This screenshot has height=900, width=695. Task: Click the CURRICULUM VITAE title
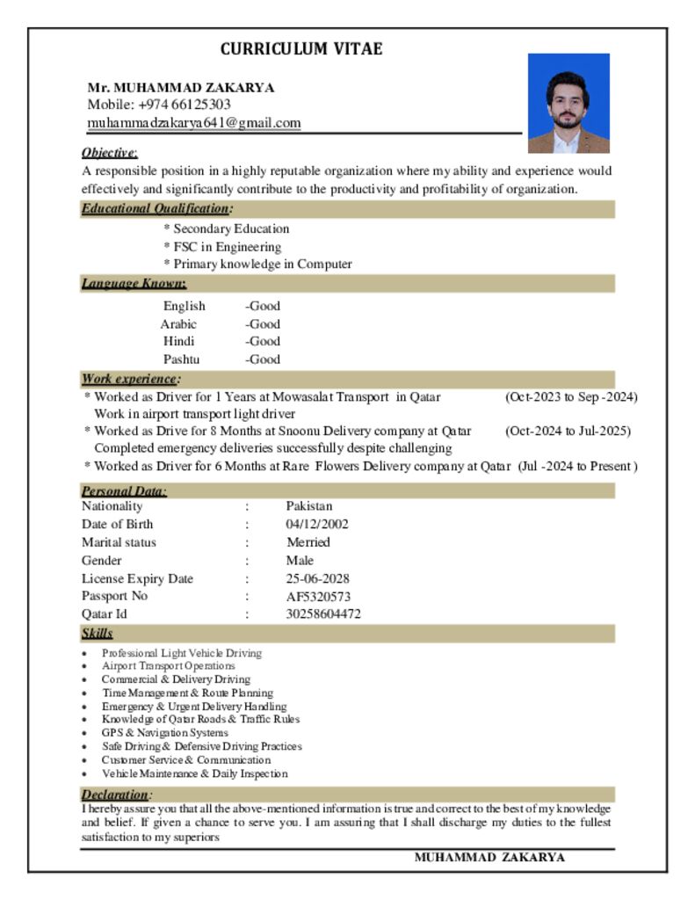(x=301, y=49)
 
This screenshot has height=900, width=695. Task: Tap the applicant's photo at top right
(x=568, y=103)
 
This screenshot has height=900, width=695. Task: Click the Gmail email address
(x=194, y=123)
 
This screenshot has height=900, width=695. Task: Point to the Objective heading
(x=109, y=152)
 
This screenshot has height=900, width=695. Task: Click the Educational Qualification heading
(x=156, y=209)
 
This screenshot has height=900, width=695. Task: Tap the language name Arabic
(x=178, y=324)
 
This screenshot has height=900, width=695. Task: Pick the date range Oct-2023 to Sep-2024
(x=571, y=397)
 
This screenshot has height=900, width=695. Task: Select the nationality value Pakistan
(x=309, y=506)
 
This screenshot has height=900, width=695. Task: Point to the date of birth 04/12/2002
(x=317, y=525)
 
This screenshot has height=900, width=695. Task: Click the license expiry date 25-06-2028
(x=318, y=579)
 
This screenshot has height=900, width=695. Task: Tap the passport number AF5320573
(x=318, y=597)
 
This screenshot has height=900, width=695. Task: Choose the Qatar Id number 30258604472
(x=323, y=614)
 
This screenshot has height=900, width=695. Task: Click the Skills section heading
(x=97, y=633)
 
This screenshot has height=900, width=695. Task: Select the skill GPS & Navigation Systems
(x=164, y=733)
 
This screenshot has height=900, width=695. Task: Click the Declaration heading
(x=114, y=795)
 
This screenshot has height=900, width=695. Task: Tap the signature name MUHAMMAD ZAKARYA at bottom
(x=489, y=858)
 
